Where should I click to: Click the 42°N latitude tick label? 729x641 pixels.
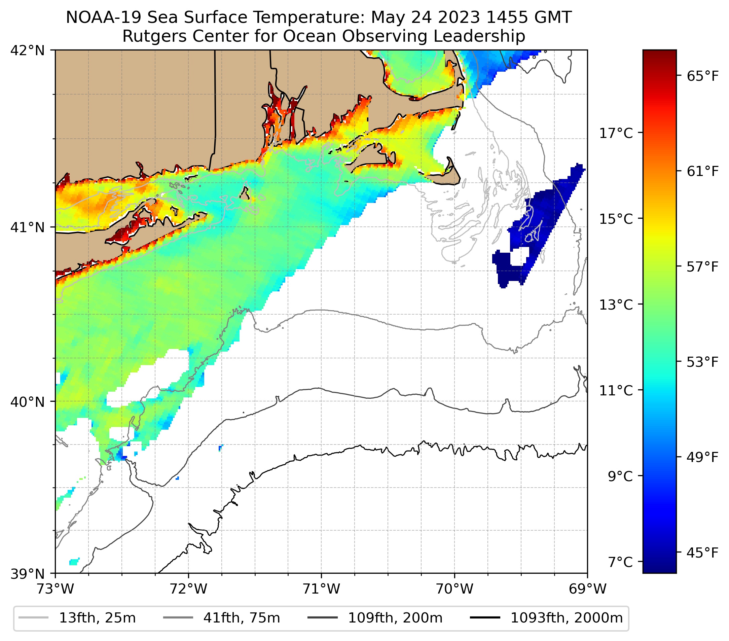(28, 51)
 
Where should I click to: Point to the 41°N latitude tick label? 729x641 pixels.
(28, 227)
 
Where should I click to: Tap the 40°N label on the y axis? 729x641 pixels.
(28, 402)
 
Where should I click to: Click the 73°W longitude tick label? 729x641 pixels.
(55, 589)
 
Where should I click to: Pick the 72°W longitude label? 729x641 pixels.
(188, 589)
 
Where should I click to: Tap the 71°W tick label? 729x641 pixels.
(321, 589)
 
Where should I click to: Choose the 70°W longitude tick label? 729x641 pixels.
(455, 589)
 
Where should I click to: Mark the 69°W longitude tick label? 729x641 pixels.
(587, 589)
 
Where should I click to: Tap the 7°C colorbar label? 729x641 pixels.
(620, 562)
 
